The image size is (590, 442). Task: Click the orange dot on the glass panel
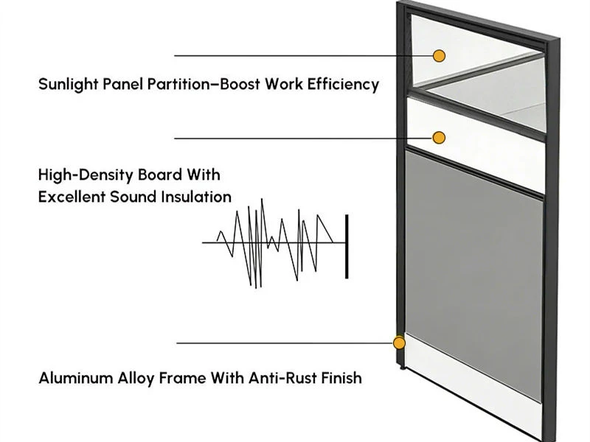click(x=439, y=56)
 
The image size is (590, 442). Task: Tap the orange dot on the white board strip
click(x=439, y=138)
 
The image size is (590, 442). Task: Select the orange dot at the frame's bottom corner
click(x=399, y=343)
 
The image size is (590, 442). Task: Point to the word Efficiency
click(x=343, y=84)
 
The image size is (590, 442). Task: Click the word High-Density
click(x=86, y=175)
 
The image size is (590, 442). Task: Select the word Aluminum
click(x=77, y=378)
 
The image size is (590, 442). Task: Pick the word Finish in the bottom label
click(x=341, y=378)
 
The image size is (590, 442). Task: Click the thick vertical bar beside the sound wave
click(x=347, y=247)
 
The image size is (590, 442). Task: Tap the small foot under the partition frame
click(x=402, y=367)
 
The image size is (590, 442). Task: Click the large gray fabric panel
click(x=473, y=274)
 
